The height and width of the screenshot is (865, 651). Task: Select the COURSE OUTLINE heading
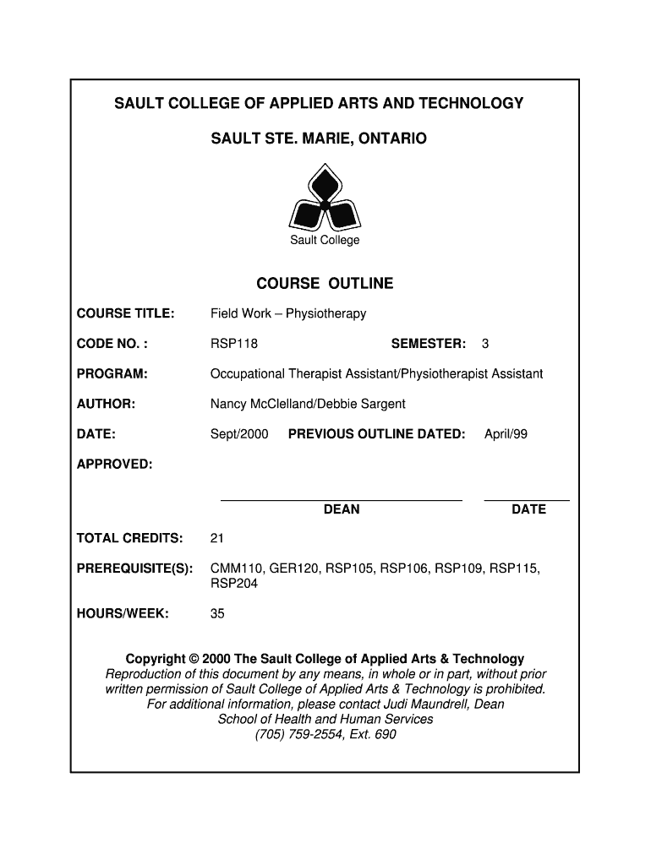(x=325, y=284)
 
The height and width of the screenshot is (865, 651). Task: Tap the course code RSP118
(x=234, y=344)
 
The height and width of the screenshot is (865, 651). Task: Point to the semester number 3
(x=485, y=344)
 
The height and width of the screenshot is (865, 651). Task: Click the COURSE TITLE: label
(x=126, y=314)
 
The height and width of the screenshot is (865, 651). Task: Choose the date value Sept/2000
(x=239, y=434)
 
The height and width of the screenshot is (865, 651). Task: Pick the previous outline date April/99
(x=506, y=434)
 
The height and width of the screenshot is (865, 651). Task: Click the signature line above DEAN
(x=342, y=500)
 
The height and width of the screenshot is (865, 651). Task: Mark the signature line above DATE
(x=527, y=500)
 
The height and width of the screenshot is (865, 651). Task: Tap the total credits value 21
(x=217, y=539)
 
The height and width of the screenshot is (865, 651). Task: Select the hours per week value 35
(x=217, y=614)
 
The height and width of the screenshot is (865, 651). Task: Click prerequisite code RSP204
(x=234, y=584)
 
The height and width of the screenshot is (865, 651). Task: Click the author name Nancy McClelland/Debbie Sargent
(x=308, y=404)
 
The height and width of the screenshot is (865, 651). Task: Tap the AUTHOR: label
(x=107, y=404)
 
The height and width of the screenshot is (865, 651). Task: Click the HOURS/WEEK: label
(x=123, y=614)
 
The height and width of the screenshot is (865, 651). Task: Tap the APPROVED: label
(x=115, y=464)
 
